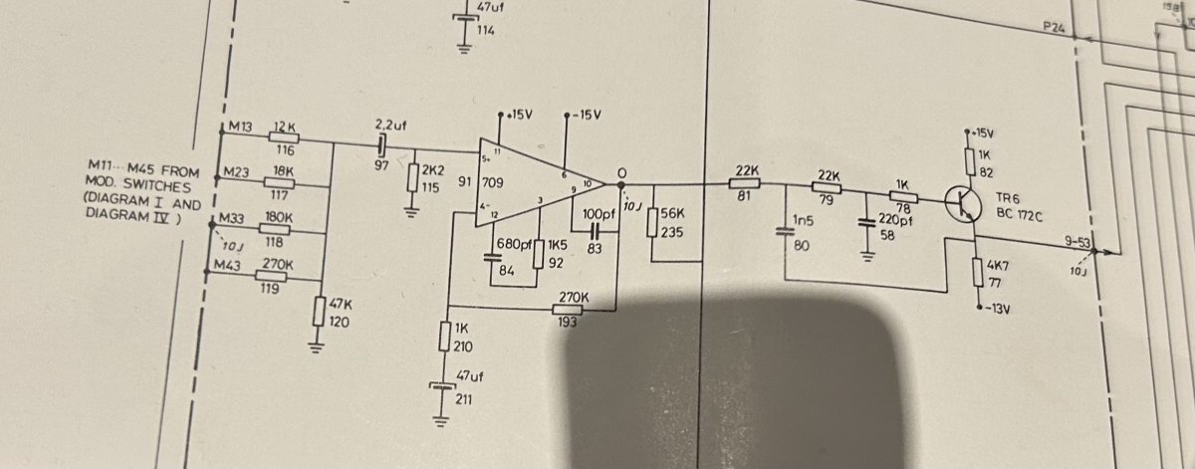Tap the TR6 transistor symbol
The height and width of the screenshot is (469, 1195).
(963, 203)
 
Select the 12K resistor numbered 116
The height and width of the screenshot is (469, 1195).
(283, 137)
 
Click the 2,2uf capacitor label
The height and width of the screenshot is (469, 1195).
(390, 125)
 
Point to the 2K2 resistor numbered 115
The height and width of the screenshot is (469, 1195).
(412, 177)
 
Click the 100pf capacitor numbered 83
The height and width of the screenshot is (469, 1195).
(596, 231)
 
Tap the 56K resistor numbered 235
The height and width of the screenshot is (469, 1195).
(652, 222)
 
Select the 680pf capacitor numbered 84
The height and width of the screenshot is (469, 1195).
(491, 258)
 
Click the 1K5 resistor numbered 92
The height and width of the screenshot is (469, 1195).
(539, 255)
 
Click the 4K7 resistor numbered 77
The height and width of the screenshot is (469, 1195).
(978, 272)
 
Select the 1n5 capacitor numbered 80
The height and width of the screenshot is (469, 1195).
(785, 232)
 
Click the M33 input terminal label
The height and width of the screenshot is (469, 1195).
(231, 218)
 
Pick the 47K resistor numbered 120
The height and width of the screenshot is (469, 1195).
(319, 311)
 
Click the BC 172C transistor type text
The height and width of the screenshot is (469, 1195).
(1019, 215)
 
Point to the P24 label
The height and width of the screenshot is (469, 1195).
(1055, 27)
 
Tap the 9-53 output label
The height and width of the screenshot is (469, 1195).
(1077, 242)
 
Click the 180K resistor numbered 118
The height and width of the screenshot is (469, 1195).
(274, 229)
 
